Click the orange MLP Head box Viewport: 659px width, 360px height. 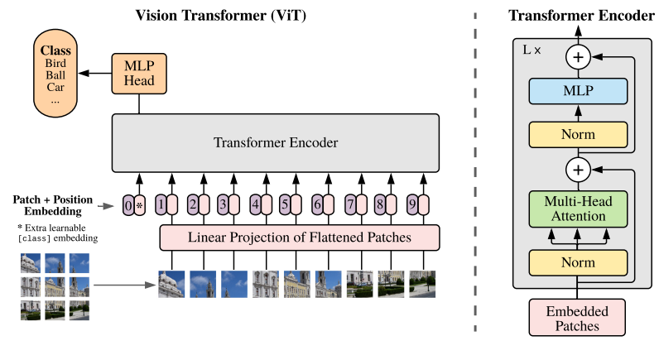(139, 74)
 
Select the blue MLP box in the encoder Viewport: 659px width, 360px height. (578, 91)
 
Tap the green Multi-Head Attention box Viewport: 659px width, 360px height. (578, 209)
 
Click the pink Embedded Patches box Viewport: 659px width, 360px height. (577, 318)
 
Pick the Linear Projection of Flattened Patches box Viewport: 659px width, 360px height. (300, 238)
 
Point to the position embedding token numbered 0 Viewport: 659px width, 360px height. (128, 205)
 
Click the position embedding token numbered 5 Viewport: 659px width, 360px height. (285, 204)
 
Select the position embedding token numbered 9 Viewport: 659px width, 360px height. (412, 204)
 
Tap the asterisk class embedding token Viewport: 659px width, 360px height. (140, 205)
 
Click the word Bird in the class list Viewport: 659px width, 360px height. (55, 64)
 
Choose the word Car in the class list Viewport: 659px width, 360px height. (55, 88)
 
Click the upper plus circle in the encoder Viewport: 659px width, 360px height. (579, 57)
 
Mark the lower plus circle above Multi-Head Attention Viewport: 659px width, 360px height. (579, 170)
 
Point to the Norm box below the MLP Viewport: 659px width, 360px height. (578, 134)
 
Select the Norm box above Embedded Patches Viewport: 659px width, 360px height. (578, 262)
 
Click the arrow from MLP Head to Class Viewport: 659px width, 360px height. (95, 73)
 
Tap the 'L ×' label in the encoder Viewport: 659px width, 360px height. (532, 50)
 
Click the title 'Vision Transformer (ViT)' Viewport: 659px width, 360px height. (221, 16)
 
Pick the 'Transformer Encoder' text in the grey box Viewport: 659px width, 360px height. (276, 142)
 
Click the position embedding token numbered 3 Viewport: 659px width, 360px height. (223, 204)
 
